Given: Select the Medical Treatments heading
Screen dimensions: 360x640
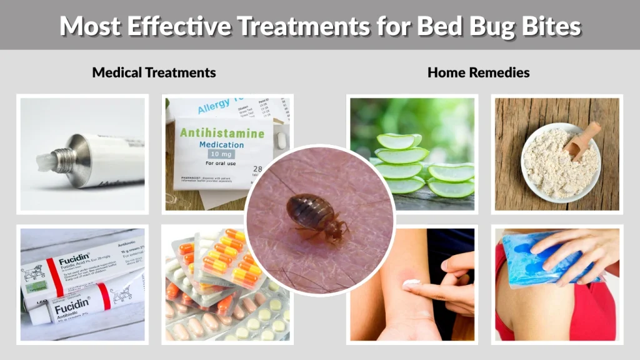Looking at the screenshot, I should (154, 72).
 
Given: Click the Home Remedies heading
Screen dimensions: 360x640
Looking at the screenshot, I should (478, 72).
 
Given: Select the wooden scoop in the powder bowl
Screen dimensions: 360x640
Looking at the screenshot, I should (581, 141).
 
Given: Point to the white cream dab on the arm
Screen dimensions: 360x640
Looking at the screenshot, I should (411, 283).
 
